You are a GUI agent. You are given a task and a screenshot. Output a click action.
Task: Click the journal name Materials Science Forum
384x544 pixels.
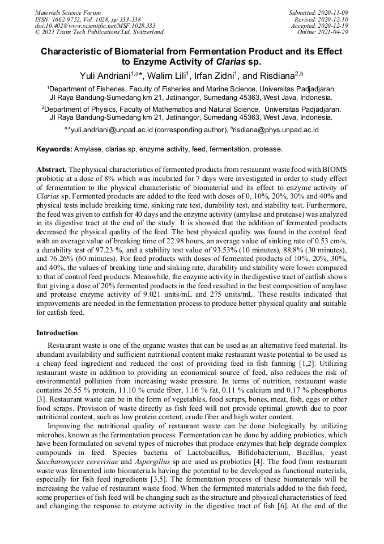(68, 12)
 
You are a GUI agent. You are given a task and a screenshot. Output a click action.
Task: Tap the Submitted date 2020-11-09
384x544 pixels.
(332, 12)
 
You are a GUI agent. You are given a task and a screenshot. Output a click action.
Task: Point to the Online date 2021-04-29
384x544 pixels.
(335, 32)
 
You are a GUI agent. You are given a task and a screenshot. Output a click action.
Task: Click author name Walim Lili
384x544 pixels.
(168, 75)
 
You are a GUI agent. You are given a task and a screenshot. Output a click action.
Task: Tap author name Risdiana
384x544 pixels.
(270, 75)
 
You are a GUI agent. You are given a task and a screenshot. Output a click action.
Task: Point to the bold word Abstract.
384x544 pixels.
(51, 170)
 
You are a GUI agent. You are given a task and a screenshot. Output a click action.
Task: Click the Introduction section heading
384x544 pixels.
(57, 333)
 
